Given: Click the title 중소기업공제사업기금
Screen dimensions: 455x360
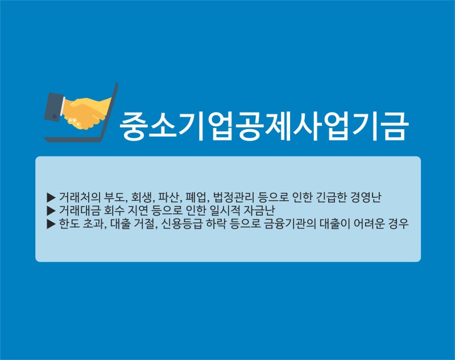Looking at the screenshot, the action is [264, 126].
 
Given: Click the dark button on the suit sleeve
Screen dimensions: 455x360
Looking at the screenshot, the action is [54, 117].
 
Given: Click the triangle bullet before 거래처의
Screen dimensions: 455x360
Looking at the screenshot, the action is [51, 197].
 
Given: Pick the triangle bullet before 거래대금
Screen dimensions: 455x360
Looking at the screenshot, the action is [51, 210].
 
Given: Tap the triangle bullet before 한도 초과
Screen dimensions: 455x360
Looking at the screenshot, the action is [51, 224].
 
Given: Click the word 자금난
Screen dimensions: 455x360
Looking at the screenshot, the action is [259, 210].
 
